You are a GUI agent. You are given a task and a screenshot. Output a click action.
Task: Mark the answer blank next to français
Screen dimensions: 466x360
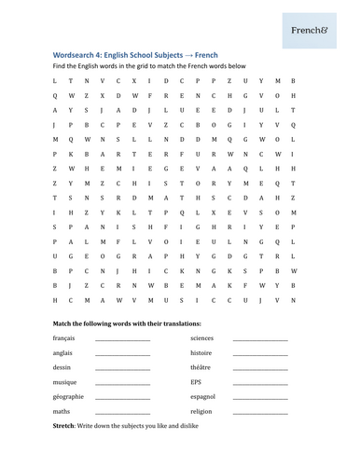click(x=122, y=340)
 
